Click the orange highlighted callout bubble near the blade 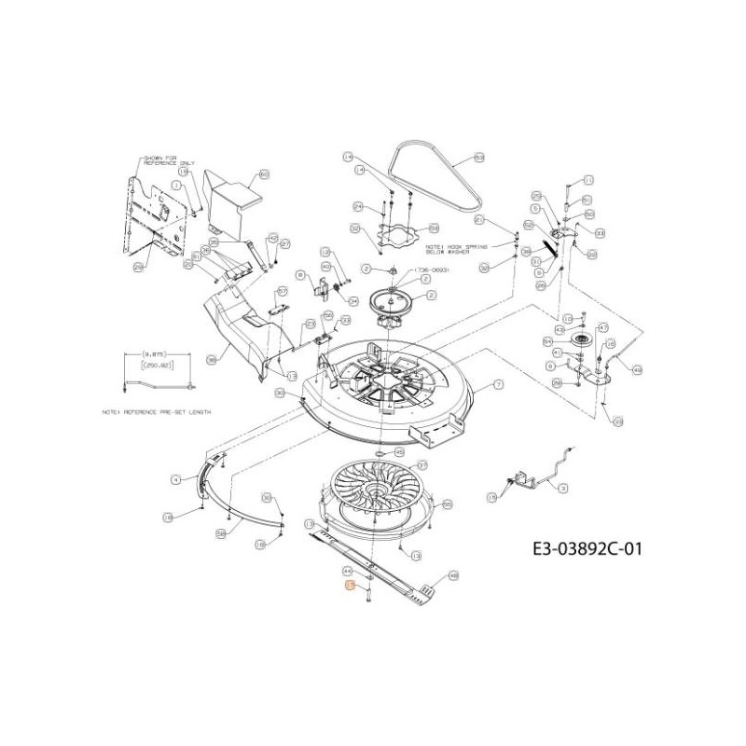350,586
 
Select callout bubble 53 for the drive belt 479,159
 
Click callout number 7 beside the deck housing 498,384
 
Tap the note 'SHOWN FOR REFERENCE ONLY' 160,160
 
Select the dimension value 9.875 155,355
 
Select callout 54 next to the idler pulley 548,342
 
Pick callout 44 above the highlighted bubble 347,570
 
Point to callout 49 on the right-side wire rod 638,369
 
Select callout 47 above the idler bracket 603,327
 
